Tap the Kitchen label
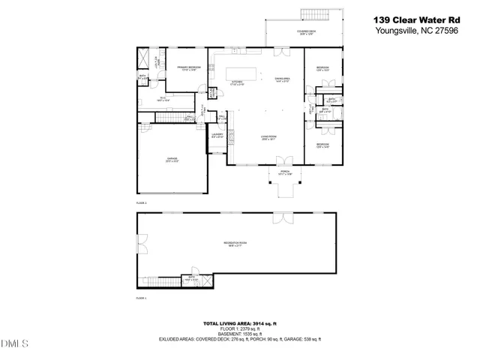pyautogui.click(x=237, y=82)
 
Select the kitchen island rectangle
pyautogui.click(x=241, y=73)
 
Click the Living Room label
pyautogui.click(x=269, y=137)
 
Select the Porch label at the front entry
pyautogui.click(x=284, y=173)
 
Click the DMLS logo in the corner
pyautogui.click(x=14, y=343)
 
